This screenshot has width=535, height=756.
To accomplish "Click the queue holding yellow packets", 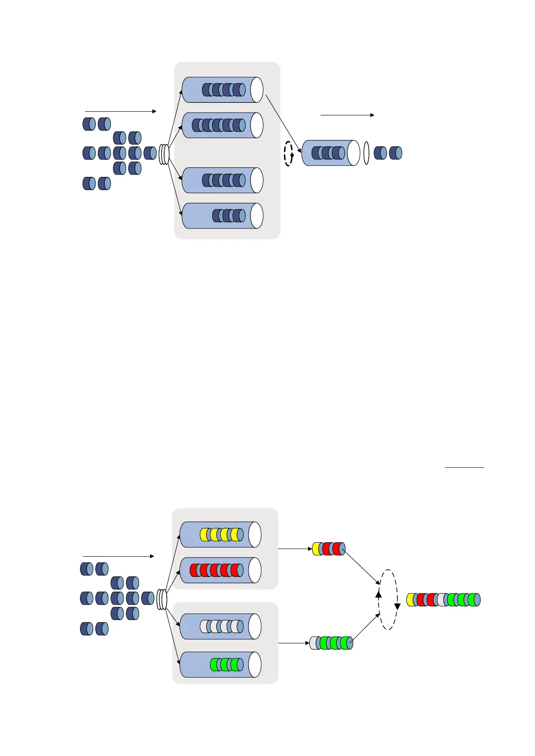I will [220, 534].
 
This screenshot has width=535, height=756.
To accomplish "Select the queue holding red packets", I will [220, 570].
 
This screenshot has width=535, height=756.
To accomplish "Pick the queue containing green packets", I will [220, 664].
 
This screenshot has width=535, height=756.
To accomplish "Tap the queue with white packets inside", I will [220, 626].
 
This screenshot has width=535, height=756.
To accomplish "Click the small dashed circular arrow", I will [289, 153].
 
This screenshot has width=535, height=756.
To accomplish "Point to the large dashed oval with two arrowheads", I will [388, 599].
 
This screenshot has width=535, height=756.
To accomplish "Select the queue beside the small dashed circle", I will [330, 153].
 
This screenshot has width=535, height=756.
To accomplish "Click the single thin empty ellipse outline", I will [366, 153].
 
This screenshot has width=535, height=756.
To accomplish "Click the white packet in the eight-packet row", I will [442, 600].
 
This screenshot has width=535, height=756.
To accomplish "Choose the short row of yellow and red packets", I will [329, 549].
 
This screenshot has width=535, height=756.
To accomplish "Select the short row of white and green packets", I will [331, 643].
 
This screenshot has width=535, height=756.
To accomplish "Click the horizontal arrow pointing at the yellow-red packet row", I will [295, 549].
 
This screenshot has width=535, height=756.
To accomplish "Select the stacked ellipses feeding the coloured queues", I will [162, 600].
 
